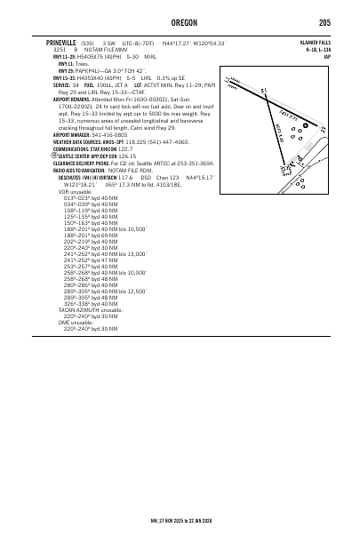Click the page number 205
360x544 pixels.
(x=324, y=22)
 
